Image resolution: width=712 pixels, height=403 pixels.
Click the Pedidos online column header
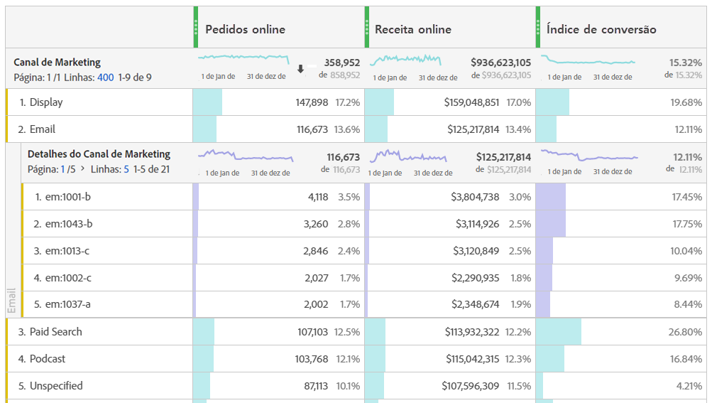point(245,29)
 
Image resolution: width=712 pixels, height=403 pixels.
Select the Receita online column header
point(413,29)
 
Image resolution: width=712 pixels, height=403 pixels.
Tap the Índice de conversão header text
point(601,29)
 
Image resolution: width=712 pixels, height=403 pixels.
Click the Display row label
point(45,102)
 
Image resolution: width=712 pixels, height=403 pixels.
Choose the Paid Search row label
point(55,332)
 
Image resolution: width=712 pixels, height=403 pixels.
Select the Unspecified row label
point(55,386)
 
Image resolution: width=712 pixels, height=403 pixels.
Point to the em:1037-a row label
point(68,304)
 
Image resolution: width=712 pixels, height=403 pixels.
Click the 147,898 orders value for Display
point(312,102)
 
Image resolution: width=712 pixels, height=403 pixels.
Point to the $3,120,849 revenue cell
point(476,251)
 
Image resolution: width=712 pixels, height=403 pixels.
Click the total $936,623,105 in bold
point(500,63)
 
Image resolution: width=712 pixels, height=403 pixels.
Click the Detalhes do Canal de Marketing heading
point(99,154)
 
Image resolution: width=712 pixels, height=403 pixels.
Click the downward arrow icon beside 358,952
point(300,69)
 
